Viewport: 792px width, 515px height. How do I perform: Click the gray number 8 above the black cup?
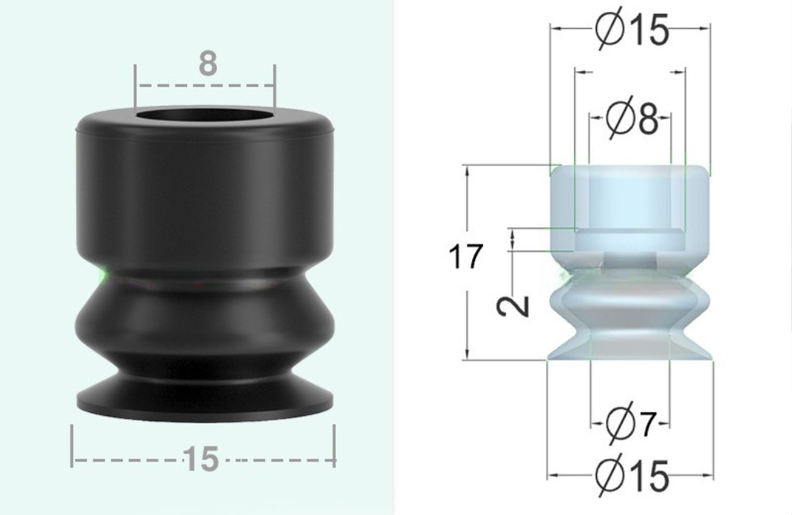(207, 63)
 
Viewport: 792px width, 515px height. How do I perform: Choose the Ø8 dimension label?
(631, 119)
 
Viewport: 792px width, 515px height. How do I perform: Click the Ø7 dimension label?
(631, 425)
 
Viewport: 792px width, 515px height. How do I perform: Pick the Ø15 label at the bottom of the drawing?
(631, 476)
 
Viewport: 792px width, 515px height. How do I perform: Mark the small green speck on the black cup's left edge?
(102, 275)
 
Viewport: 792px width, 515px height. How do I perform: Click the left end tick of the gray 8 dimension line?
(135, 85)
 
